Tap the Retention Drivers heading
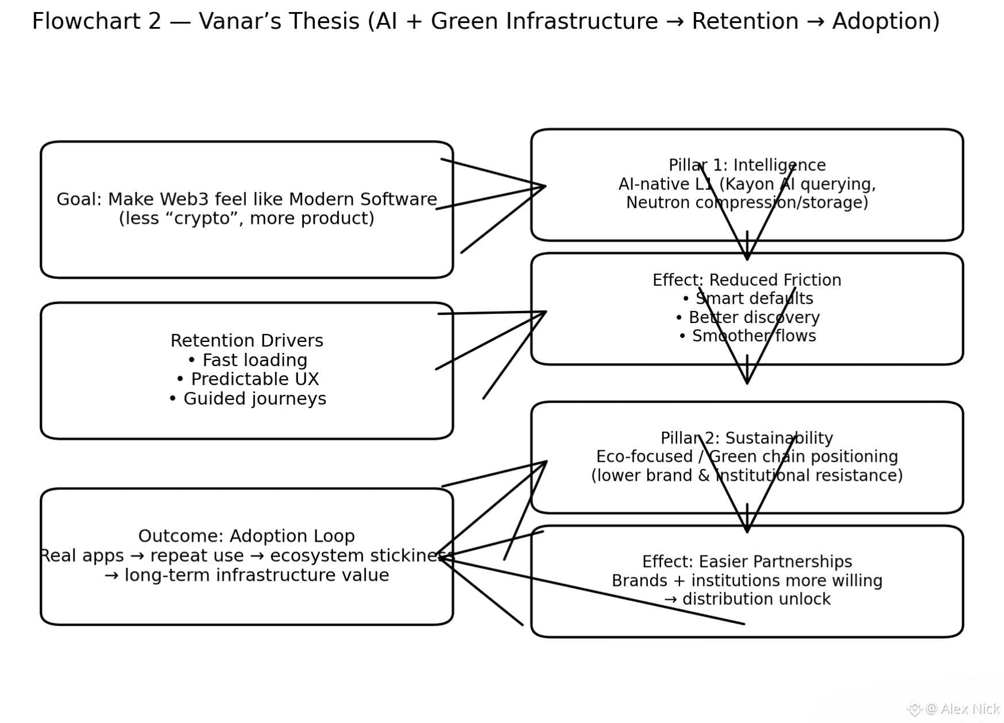point(246,341)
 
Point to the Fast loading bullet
point(254,360)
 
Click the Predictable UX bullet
point(254,379)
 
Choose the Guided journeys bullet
point(254,399)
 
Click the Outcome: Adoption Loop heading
point(246,537)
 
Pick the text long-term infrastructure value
point(256,575)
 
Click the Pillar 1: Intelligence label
point(747,165)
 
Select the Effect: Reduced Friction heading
point(747,280)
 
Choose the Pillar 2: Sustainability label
point(747,438)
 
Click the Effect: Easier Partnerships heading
point(747,562)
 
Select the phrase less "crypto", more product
point(246,219)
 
